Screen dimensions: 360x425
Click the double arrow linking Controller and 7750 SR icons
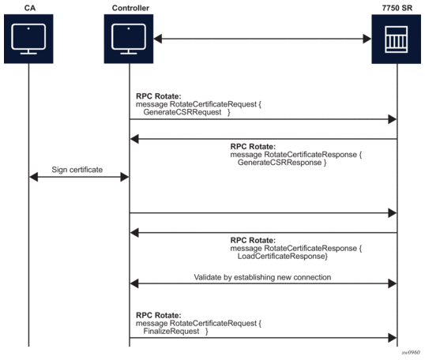pos(262,38)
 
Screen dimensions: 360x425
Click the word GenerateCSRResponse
pos(280,162)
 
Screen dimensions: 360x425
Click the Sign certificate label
pos(79,168)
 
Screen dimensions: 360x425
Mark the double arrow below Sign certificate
pos(79,178)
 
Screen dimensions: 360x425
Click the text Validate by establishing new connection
pos(263,276)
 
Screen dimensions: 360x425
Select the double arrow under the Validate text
pos(262,283)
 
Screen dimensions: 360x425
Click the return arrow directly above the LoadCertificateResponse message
pos(262,232)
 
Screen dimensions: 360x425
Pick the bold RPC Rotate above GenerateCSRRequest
pos(158,95)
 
